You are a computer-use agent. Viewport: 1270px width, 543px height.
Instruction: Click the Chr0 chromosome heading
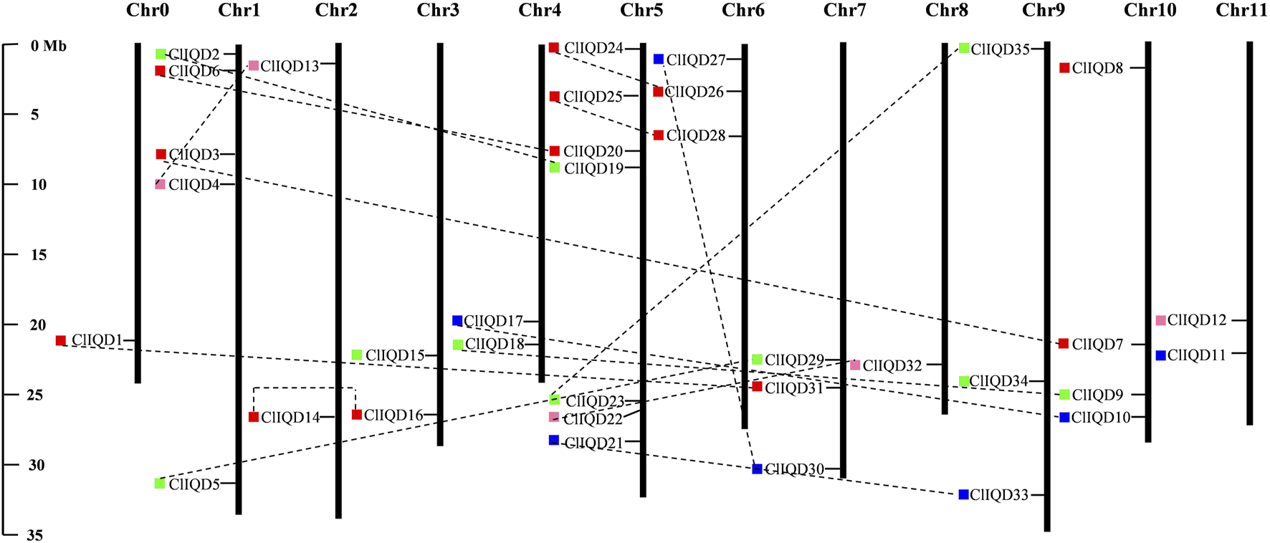(x=147, y=10)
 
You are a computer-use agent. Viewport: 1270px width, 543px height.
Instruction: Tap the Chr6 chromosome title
(x=743, y=10)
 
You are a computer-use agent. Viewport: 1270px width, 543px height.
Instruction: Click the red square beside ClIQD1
(x=61, y=340)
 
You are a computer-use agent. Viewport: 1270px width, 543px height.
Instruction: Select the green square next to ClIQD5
(x=160, y=484)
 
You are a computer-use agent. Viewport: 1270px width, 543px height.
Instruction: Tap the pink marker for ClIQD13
(x=254, y=66)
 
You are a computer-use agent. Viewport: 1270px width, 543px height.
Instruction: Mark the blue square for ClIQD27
(x=659, y=59)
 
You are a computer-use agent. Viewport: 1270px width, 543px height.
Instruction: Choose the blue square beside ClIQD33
(x=963, y=494)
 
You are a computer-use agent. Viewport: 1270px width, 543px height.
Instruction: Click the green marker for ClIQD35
(x=964, y=48)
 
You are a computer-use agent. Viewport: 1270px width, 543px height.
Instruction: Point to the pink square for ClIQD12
(x=1161, y=320)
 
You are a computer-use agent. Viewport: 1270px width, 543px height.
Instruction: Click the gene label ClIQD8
(x=1097, y=69)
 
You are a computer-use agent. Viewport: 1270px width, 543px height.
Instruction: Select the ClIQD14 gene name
(x=290, y=418)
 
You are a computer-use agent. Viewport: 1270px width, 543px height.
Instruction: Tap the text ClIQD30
(x=794, y=470)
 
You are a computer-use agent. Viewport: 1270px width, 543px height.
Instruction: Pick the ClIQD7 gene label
(x=1097, y=345)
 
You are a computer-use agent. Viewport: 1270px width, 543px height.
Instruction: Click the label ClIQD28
(x=695, y=136)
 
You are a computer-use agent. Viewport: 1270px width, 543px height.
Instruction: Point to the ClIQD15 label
(x=395, y=355)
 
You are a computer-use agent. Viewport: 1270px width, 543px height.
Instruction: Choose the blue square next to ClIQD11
(x=1161, y=355)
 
